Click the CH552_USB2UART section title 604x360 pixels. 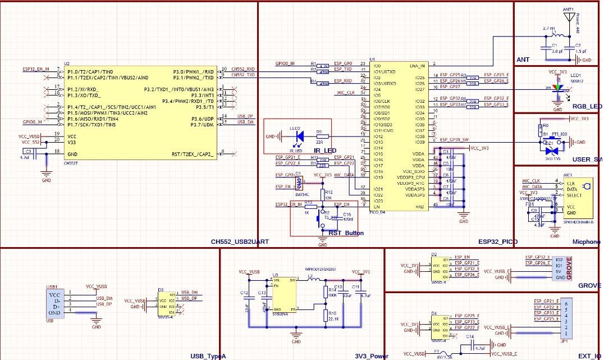pyautogui.click(x=240, y=241)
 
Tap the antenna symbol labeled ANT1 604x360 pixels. pyautogui.click(x=569, y=17)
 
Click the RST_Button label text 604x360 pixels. pyautogui.click(x=346, y=233)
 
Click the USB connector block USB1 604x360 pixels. pyautogui.click(x=54, y=303)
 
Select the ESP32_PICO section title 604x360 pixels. pyautogui.click(x=497, y=241)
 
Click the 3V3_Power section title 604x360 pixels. pyautogui.click(x=371, y=356)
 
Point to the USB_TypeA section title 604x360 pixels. pyautogui.click(x=208, y=356)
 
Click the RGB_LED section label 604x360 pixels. pyautogui.click(x=586, y=107)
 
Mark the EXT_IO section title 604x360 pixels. pyautogui.click(x=589, y=356)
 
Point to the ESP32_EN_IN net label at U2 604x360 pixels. pyautogui.click(x=36, y=69)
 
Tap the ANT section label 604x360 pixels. pyautogui.click(x=523, y=60)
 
